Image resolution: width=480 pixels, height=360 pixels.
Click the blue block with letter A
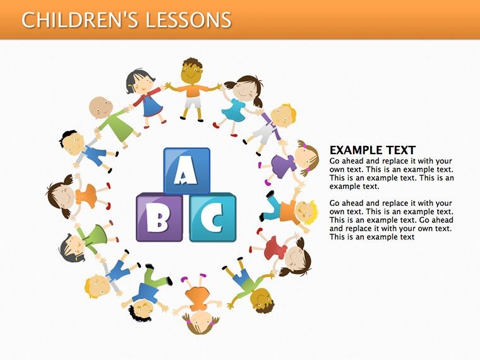(x=187, y=171)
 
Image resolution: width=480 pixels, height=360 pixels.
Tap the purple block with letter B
(x=160, y=217)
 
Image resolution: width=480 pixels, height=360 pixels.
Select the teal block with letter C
(x=213, y=217)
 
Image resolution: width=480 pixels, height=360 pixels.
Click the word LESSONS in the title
(x=188, y=20)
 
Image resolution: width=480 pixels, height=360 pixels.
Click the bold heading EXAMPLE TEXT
(x=372, y=150)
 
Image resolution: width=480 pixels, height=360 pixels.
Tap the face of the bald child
(x=101, y=108)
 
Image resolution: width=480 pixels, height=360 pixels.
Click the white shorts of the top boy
(x=193, y=102)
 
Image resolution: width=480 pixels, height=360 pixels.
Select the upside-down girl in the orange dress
(x=198, y=303)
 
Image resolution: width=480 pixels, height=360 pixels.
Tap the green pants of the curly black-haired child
(x=155, y=277)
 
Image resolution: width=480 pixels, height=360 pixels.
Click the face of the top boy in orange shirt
(x=191, y=73)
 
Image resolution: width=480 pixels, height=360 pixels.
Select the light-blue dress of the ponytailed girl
(x=234, y=111)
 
